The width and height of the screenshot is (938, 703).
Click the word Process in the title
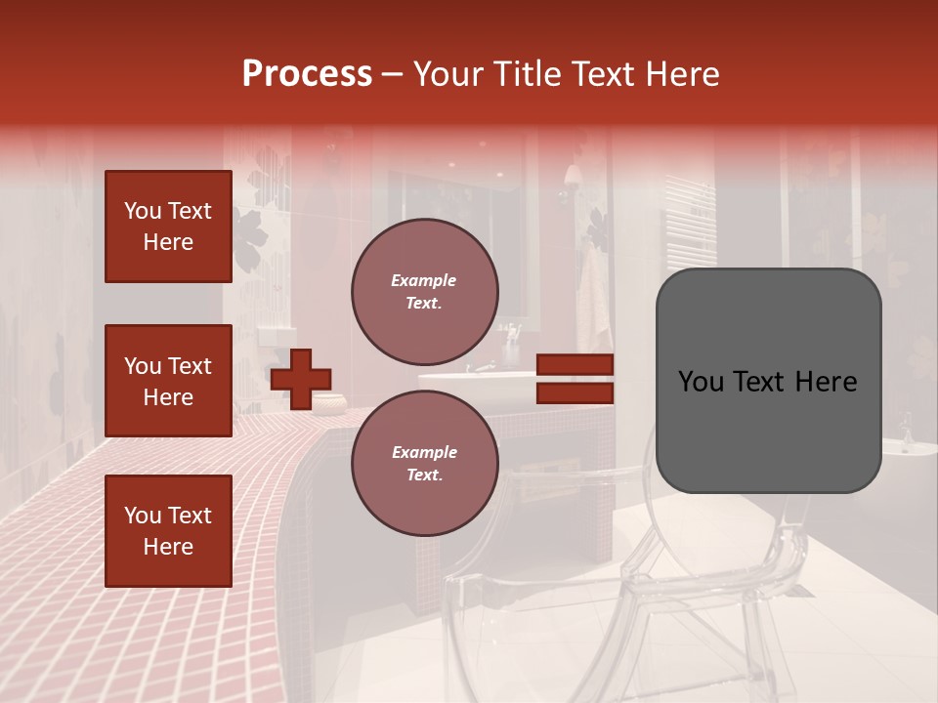pos(307,74)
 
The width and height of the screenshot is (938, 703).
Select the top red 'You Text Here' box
pos(168,227)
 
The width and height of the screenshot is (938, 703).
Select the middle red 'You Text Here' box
pos(168,381)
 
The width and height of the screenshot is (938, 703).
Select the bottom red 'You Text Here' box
pos(168,531)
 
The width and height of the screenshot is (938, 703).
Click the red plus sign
pos(300,378)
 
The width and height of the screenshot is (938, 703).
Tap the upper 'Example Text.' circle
pos(424,292)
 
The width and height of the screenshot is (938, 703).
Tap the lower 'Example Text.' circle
pos(424,464)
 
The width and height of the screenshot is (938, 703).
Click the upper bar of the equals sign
pos(575,365)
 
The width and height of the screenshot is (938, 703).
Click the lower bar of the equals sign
pos(575,393)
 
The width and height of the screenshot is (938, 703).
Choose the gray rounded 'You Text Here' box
pos(768,381)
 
